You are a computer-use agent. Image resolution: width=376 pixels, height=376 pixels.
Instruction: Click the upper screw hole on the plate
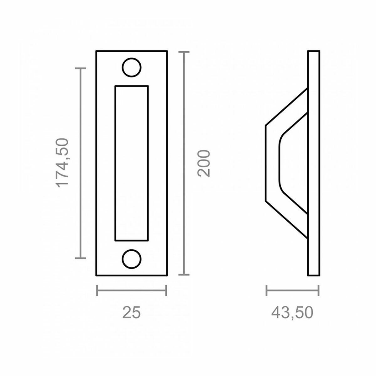tap(132, 67)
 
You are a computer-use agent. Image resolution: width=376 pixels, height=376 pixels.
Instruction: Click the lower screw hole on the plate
tap(132, 259)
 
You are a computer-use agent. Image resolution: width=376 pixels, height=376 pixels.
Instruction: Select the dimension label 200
tap(204, 163)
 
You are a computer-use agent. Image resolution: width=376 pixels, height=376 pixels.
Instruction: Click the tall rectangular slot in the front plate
tap(131, 163)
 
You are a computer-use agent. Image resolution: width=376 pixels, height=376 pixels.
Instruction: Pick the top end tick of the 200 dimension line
tap(184, 52)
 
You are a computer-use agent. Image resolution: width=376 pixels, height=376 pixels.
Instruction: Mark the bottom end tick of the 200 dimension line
tap(184, 275)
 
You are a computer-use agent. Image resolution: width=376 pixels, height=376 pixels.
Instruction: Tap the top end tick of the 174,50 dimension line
tap(81, 68)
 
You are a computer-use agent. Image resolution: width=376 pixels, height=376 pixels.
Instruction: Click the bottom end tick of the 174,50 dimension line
tap(81, 258)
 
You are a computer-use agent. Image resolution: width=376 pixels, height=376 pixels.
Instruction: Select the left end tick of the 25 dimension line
tap(97, 290)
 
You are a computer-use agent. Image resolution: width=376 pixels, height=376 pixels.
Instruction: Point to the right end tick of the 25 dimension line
tap(166, 290)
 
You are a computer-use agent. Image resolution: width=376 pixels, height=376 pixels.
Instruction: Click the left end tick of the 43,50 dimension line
tap(267, 290)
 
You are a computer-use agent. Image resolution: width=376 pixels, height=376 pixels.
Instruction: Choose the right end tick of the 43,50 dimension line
tap(318, 290)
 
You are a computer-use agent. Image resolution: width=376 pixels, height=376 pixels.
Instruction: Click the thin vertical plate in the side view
tap(314, 163)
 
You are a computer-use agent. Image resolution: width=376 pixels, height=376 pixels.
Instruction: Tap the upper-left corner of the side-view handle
tap(266, 126)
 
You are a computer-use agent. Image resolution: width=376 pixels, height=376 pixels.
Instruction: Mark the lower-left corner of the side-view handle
tap(266, 201)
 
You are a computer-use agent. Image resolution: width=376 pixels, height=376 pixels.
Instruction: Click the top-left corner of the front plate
tap(96, 51)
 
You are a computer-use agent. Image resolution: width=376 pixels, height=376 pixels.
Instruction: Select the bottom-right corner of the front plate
tap(167, 276)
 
